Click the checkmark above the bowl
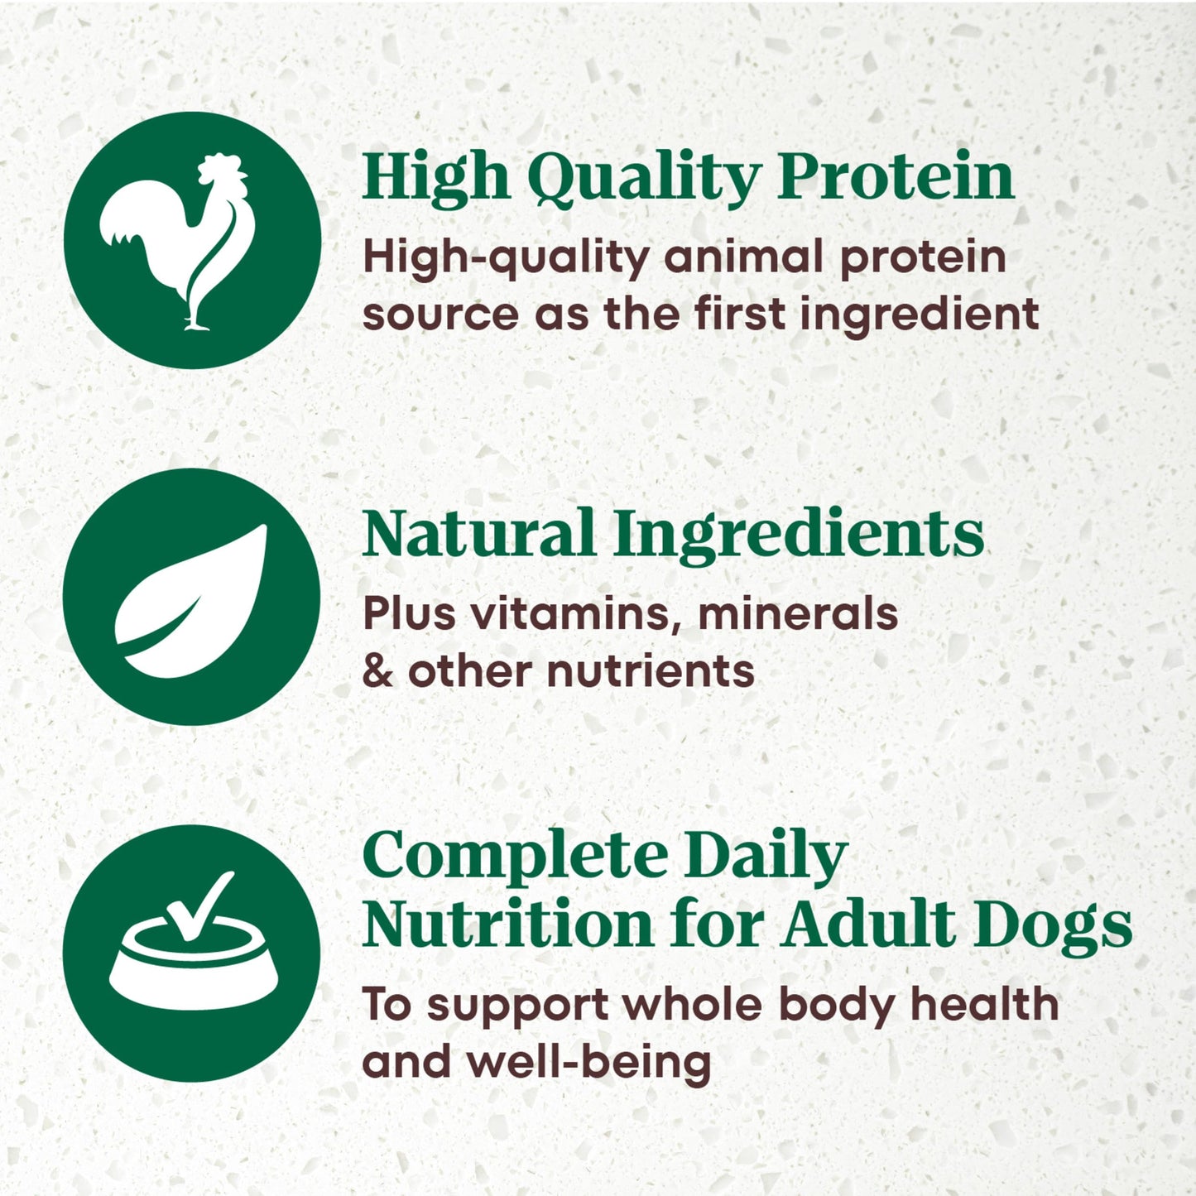[200, 906]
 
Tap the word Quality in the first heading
[643, 177]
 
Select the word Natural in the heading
[478, 534]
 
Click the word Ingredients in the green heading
[799, 536]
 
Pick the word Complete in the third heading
[515, 857]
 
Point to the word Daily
[766, 857]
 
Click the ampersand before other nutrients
[377, 671]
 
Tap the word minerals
[798, 614]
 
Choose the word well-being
[588, 1063]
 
